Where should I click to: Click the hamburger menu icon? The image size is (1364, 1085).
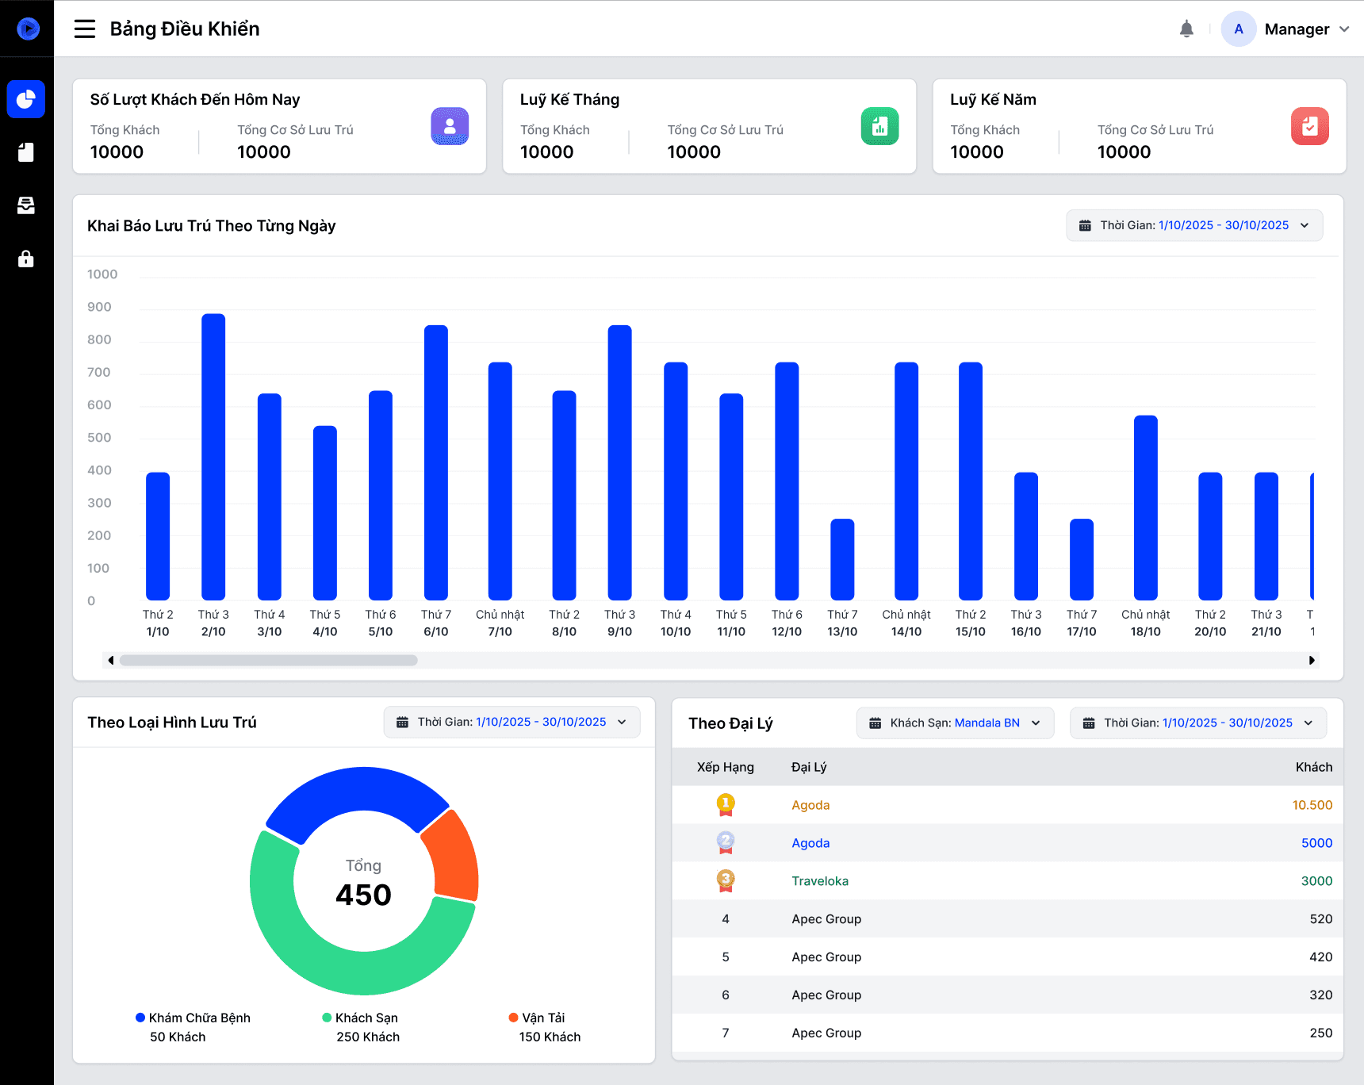click(x=85, y=29)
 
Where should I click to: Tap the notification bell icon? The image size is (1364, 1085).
click(x=1186, y=29)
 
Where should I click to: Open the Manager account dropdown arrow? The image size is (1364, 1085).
click(x=1344, y=29)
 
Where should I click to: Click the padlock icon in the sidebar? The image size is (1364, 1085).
click(x=26, y=259)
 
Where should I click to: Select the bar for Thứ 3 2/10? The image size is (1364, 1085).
click(x=213, y=457)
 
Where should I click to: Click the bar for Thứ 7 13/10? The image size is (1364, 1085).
click(x=842, y=559)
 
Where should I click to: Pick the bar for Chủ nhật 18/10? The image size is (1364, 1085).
click(x=1146, y=508)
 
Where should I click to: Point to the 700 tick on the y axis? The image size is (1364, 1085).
click(x=99, y=372)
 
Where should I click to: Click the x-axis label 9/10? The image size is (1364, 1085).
click(x=619, y=632)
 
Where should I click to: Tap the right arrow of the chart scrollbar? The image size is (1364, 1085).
click(x=1312, y=660)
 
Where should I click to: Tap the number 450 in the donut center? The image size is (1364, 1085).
click(x=363, y=895)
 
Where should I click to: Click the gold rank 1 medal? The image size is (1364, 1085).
click(x=726, y=805)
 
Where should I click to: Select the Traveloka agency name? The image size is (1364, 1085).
click(x=820, y=881)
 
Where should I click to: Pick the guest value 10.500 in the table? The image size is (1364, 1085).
click(x=1312, y=805)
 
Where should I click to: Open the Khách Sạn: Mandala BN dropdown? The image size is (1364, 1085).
click(x=956, y=723)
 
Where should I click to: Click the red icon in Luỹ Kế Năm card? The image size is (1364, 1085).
click(x=1310, y=126)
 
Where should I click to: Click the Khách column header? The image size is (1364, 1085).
click(x=1314, y=767)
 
